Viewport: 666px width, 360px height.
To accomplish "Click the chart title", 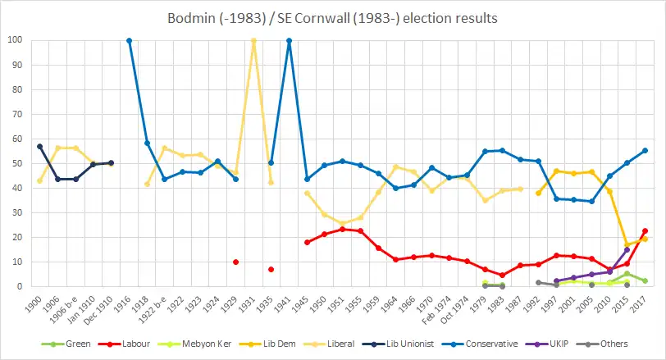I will pos(332,18).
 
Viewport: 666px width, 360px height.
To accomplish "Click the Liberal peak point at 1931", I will pos(253,40).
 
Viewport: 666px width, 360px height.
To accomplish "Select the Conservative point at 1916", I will pos(129,40).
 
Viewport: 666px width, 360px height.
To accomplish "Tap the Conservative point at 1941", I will pos(289,40).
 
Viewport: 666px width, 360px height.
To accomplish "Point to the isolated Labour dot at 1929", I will pos(235,262).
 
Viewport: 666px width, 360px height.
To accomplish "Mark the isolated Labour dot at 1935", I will pos(271,270).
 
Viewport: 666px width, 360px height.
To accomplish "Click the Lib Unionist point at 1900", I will pos(39,146).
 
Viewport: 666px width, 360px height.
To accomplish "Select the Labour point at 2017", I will pos(645,231).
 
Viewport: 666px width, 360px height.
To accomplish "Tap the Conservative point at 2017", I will pos(645,150).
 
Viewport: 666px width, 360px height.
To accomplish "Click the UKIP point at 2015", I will pos(627,250).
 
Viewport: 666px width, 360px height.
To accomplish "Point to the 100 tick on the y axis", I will pos(16,40).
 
